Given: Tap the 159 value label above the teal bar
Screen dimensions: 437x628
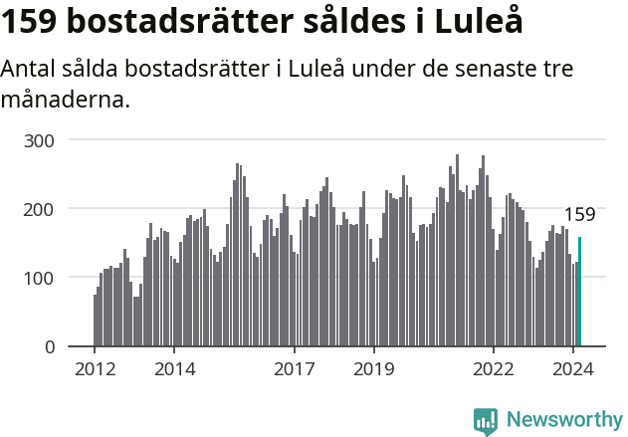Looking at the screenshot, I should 579,215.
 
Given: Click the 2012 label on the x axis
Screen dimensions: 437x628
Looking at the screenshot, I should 95,369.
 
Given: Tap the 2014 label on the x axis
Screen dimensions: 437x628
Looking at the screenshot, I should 174,369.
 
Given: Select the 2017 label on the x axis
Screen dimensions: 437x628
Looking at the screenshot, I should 295,369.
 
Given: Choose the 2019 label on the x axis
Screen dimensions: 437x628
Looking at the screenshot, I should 374,369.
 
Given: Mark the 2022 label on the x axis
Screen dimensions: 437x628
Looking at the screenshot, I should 495,369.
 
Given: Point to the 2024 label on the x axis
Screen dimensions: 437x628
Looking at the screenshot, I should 574,369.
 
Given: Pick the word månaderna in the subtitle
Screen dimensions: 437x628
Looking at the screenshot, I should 65,101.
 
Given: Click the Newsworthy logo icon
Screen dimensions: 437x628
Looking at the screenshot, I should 486,421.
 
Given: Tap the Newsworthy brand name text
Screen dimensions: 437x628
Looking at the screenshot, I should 563,420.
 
